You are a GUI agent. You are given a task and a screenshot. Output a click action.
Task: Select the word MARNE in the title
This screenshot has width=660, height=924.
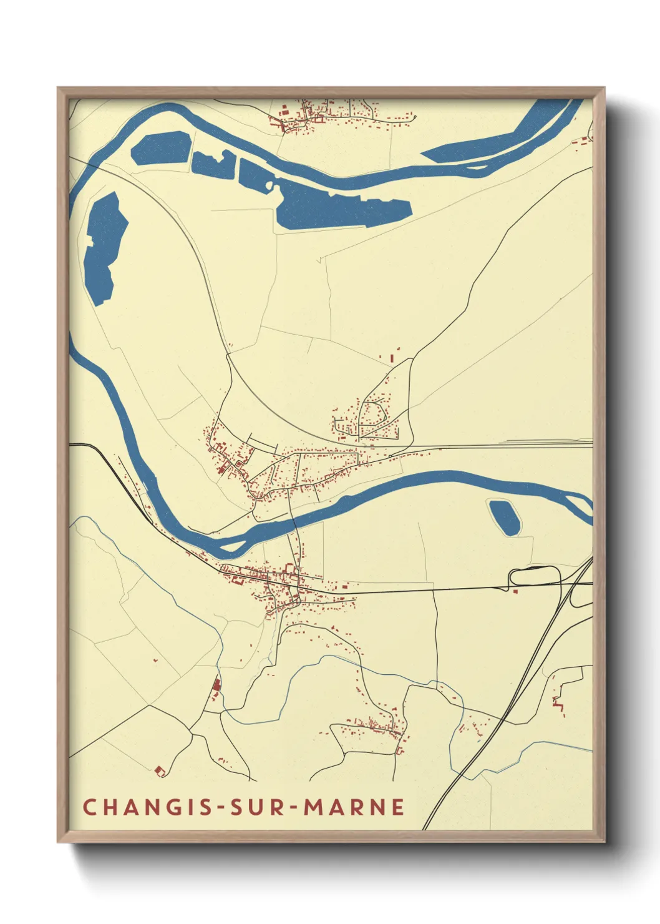click(x=354, y=807)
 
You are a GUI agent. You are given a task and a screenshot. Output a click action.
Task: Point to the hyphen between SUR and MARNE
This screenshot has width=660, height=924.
click(x=294, y=807)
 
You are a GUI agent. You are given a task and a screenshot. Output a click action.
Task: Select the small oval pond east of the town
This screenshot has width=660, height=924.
click(x=504, y=517)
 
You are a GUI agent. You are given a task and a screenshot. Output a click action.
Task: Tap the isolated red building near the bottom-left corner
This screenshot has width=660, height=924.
click(x=160, y=771)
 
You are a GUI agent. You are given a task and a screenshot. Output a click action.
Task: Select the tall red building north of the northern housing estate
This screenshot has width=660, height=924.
click(x=392, y=358)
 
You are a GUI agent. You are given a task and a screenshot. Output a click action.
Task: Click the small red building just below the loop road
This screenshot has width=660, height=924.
click(x=515, y=591)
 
